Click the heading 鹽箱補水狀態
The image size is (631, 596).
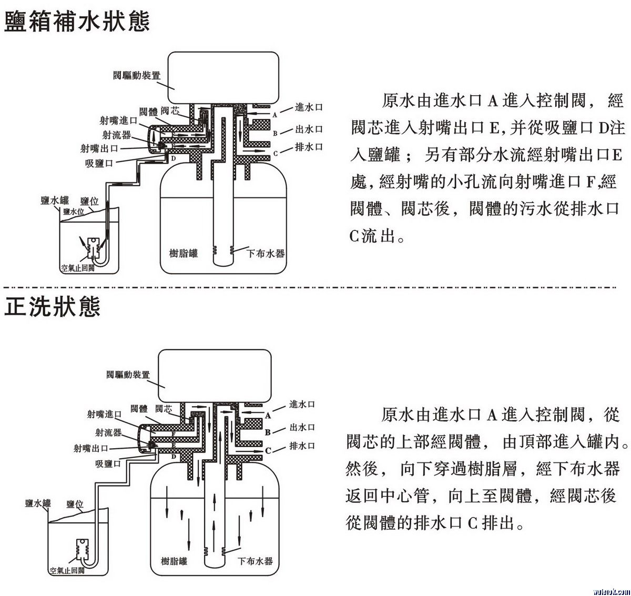click(x=77, y=22)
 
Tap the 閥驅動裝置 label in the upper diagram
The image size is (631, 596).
click(x=137, y=75)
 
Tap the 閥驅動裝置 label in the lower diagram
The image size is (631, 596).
click(x=128, y=375)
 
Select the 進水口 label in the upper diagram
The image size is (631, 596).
click(x=309, y=107)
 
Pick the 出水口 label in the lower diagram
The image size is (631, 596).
click(x=302, y=427)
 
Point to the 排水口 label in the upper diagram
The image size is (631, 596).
click(x=309, y=147)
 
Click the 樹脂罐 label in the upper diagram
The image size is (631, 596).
click(x=184, y=254)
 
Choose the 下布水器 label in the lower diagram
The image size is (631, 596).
click(x=255, y=561)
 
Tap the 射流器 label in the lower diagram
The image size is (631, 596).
click(x=108, y=432)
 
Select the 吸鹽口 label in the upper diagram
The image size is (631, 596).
click(x=99, y=163)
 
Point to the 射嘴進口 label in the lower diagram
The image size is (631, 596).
click(x=104, y=414)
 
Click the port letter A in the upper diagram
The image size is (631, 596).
click(x=274, y=114)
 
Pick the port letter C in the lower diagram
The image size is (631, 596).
click(x=268, y=450)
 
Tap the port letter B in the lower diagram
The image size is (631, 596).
click(x=268, y=432)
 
